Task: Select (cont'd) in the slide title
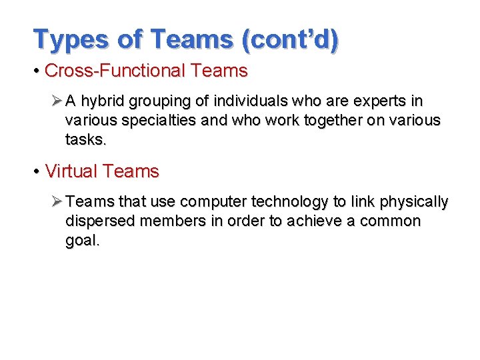(291, 39)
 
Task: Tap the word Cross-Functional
(115, 71)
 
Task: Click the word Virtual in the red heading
(71, 171)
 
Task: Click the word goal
(82, 241)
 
